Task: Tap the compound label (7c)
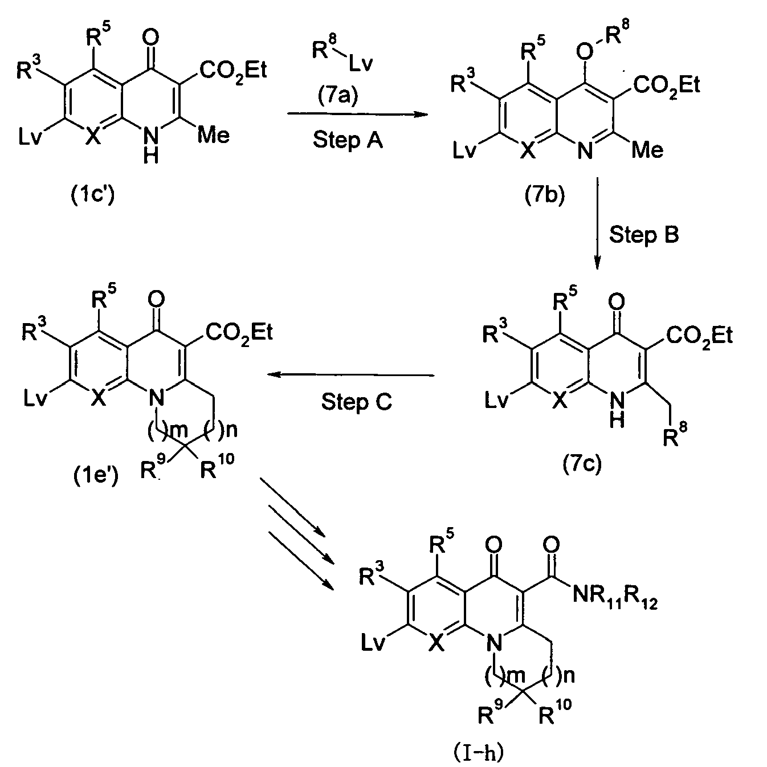click(582, 463)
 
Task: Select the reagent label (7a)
click(338, 96)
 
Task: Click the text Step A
click(348, 140)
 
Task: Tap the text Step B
click(644, 234)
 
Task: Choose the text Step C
click(357, 401)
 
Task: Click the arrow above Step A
click(357, 115)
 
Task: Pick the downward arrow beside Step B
click(597, 224)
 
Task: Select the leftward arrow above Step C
click(350, 374)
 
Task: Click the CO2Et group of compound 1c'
click(233, 71)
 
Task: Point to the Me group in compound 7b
click(647, 150)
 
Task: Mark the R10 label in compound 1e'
click(217, 466)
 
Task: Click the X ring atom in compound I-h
click(436, 643)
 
